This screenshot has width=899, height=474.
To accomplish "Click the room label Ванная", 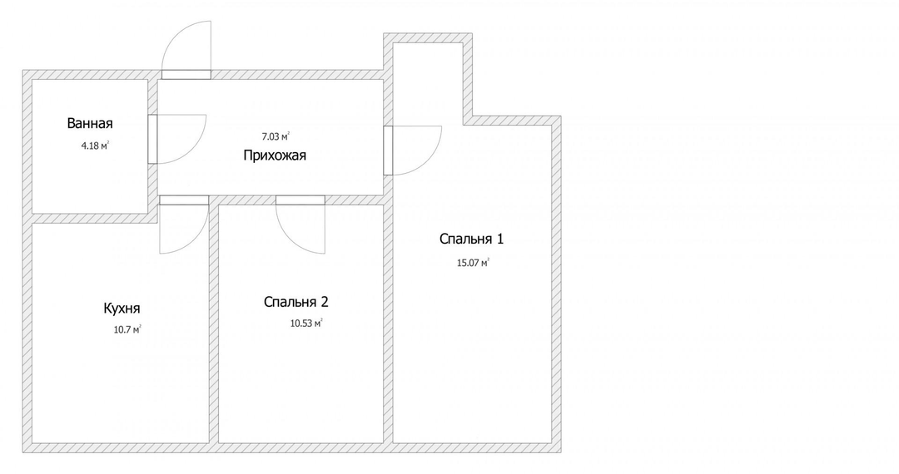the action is (x=90, y=123).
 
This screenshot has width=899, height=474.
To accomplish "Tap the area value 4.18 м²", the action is (x=95, y=146).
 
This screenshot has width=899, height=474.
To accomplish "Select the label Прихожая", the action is (x=275, y=156).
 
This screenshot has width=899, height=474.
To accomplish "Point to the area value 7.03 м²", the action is (x=276, y=136).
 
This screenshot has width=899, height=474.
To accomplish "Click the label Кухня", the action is (x=122, y=308).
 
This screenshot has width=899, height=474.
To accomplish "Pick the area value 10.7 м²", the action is (x=127, y=329).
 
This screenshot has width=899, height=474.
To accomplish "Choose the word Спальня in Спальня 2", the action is (x=290, y=302).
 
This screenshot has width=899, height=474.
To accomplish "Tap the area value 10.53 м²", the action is (x=306, y=323).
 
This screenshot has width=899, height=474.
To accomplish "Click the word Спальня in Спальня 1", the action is (x=465, y=239).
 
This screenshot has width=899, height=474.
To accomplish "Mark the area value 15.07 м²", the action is (x=473, y=263).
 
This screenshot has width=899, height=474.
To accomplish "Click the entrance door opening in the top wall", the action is (x=186, y=74).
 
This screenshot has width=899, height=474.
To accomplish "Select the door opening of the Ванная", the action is (x=152, y=139).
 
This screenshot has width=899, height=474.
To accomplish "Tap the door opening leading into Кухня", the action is (x=184, y=200).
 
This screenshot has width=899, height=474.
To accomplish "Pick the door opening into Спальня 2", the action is (x=300, y=200).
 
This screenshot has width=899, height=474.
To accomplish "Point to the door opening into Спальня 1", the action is (x=388, y=150).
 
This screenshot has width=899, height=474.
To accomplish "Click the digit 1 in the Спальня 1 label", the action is (x=500, y=239).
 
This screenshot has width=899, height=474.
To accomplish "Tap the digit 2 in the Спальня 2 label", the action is (x=325, y=302).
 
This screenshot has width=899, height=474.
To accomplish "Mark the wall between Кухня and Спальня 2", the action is (x=213, y=323).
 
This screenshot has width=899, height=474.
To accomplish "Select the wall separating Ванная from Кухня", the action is (x=90, y=218).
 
